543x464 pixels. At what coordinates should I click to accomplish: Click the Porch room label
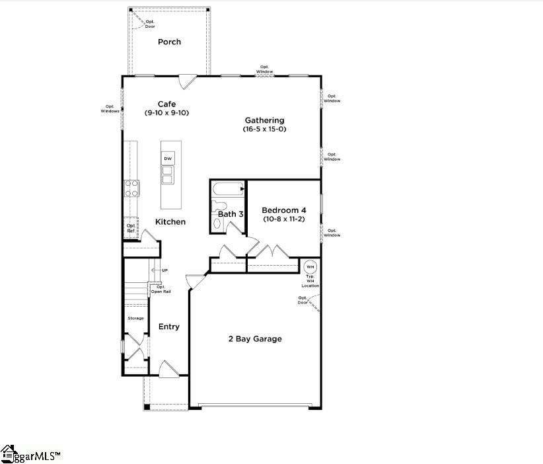(169, 42)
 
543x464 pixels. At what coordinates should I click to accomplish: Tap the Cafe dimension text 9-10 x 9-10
(166, 113)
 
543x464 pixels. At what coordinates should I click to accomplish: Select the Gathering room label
(264, 120)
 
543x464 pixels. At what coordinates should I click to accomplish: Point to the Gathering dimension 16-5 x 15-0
(264, 130)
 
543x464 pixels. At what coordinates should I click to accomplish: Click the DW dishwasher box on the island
(168, 159)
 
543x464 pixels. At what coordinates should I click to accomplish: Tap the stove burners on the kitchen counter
(131, 188)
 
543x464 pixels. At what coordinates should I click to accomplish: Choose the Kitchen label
(170, 222)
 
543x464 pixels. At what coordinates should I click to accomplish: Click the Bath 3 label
(231, 214)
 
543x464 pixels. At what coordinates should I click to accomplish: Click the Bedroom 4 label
(283, 210)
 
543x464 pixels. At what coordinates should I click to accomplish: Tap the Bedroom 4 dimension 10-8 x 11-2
(283, 219)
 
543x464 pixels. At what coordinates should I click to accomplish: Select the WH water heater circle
(310, 266)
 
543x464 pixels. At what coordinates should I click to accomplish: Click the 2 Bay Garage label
(255, 339)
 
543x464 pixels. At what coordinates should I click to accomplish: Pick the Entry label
(168, 327)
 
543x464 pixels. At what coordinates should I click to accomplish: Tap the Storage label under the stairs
(135, 319)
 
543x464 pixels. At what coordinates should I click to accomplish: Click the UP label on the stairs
(164, 270)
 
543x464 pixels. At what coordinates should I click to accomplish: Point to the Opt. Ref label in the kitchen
(131, 228)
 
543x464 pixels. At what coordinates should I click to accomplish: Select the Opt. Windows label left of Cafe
(109, 109)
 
